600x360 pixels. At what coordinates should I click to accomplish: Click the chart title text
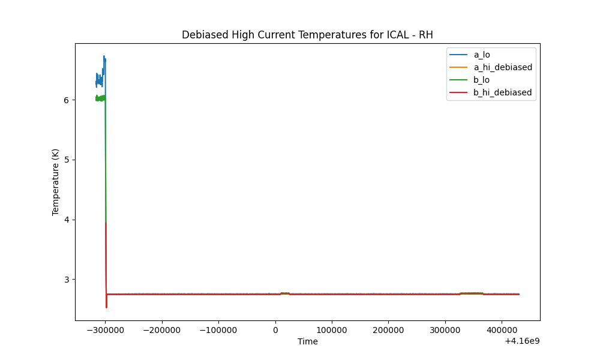click(x=307, y=35)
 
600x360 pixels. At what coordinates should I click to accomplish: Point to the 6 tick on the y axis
click(x=66, y=100)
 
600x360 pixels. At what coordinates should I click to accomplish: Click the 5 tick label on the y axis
click(x=66, y=160)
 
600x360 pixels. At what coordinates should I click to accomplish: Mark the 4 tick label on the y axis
click(x=66, y=220)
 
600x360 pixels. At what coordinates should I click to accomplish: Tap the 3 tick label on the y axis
click(x=66, y=280)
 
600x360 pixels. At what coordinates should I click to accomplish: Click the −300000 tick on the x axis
click(x=105, y=330)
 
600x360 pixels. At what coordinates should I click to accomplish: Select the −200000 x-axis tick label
click(x=162, y=330)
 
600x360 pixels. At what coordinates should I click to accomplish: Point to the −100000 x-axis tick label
click(x=218, y=330)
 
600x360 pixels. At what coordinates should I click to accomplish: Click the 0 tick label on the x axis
click(x=275, y=330)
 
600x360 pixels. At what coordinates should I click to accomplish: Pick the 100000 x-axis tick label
click(x=332, y=330)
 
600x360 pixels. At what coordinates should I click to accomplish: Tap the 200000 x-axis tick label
click(x=388, y=330)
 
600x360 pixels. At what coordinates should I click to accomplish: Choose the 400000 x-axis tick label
click(x=502, y=330)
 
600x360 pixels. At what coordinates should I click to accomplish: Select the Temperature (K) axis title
click(x=55, y=182)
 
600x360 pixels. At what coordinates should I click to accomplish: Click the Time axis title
click(x=308, y=341)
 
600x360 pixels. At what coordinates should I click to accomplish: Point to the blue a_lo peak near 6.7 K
click(x=104, y=56)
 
